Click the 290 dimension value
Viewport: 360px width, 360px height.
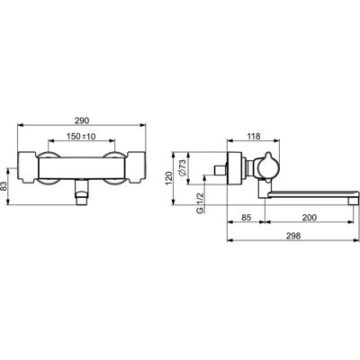[82, 121]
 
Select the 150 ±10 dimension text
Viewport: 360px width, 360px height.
[81, 137]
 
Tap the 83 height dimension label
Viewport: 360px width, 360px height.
[4, 186]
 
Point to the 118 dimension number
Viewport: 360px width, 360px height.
[254, 136]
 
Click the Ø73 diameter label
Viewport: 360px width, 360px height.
[182, 168]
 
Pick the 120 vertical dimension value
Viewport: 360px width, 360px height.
[168, 178]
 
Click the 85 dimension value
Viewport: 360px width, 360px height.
[246, 217]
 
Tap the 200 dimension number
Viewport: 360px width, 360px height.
[310, 217]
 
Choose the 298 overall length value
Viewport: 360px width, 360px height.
[293, 236]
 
